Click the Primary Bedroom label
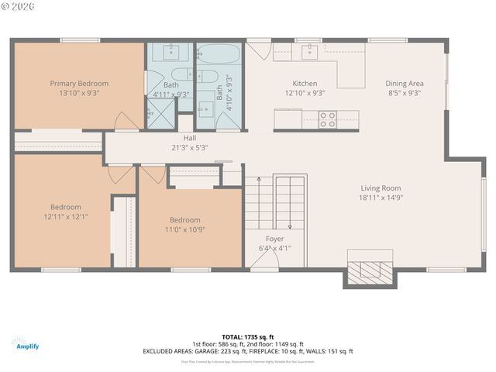pos(79,83)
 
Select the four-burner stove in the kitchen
pos(327,119)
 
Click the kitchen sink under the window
pos(309,52)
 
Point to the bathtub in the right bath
pos(219,56)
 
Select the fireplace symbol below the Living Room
pos(369,270)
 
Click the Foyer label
pos(274,239)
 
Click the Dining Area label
pos(404,83)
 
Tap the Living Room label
pos(381,188)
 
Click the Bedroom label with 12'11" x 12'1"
pos(66,207)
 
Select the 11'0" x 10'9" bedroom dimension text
pos(184,229)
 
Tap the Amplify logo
pos(26,344)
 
